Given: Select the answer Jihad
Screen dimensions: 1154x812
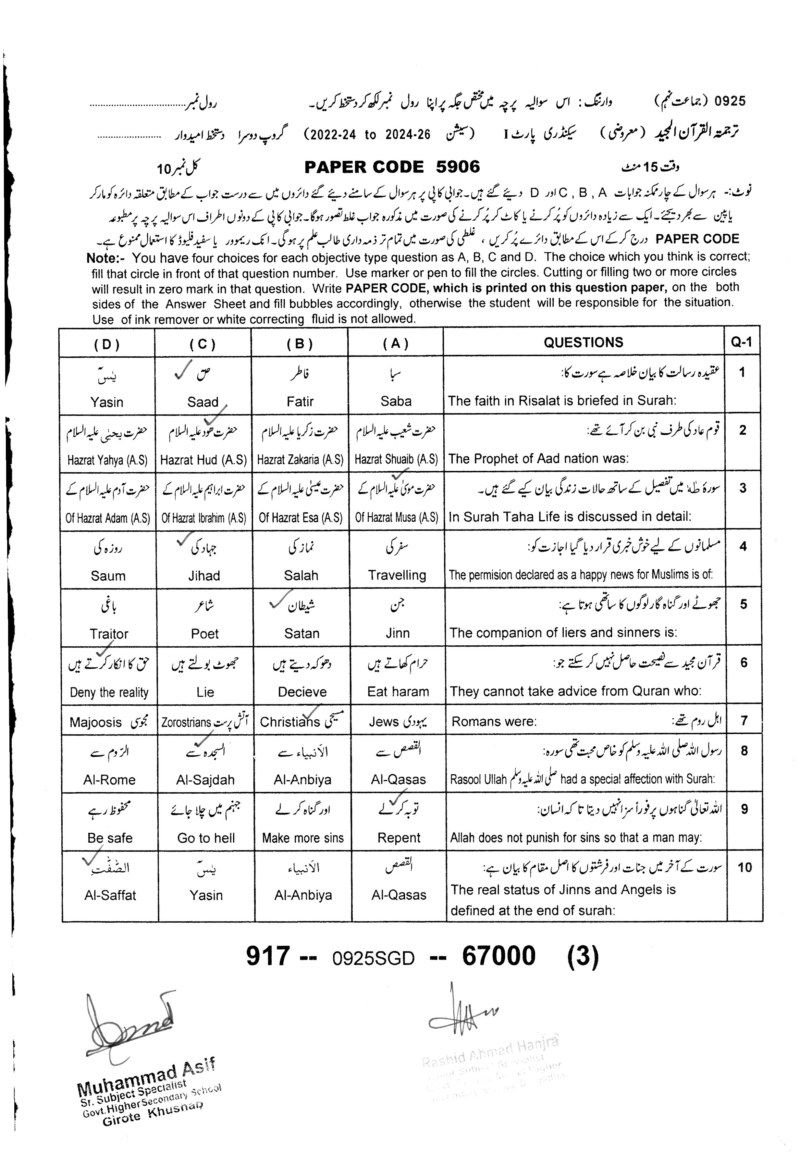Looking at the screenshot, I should [x=204, y=576].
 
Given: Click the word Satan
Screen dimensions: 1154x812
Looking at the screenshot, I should [x=301, y=634].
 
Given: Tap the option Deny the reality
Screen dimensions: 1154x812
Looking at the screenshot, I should [x=109, y=693].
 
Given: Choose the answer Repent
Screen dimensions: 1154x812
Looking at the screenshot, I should [x=399, y=838].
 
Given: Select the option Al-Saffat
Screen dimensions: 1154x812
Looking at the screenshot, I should [x=110, y=895].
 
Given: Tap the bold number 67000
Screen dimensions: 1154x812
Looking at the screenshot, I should [x=498, y=956].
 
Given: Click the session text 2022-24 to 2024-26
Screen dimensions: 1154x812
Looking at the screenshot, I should [x=370, y=135].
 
